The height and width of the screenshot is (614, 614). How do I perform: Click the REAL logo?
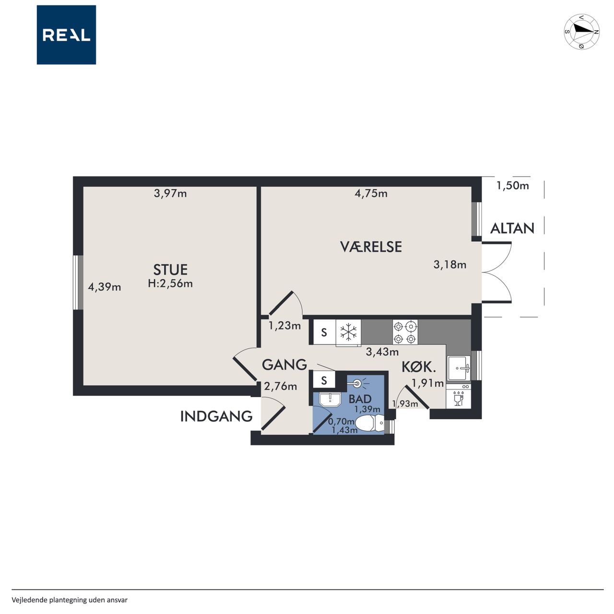click(x=66, y=35)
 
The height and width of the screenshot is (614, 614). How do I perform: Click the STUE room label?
click(x=170, y=270)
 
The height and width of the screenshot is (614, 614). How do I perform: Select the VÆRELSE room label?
click(x=371, y=247)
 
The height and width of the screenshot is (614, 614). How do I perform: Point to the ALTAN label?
click(x=512, y=228)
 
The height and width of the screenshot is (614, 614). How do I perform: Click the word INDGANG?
click(x=216, y=416)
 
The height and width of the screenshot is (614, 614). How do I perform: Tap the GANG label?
click(x=284, y=365)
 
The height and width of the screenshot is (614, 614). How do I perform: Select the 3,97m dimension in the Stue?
click(x=170, y=193)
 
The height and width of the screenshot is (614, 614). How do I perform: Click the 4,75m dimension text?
click(x=371, y=193)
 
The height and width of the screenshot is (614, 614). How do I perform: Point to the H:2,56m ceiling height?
click(x=170, y=283)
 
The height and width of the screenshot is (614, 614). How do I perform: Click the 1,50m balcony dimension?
click(x=513, y=186)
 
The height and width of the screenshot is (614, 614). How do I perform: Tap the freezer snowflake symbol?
click(x=348, y=332)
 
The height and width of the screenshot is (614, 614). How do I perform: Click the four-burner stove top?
click(x=405, y=332)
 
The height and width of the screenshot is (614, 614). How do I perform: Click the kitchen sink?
click(x=459, y=368)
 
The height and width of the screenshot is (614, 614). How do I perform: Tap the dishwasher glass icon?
click(x=458, y=401)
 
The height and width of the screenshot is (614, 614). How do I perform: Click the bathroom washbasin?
click(x=330, y=399)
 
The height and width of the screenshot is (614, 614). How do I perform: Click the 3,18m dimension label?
click(x=449, y=264)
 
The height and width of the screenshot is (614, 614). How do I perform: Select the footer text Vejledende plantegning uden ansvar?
click(x=70, y=600)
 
